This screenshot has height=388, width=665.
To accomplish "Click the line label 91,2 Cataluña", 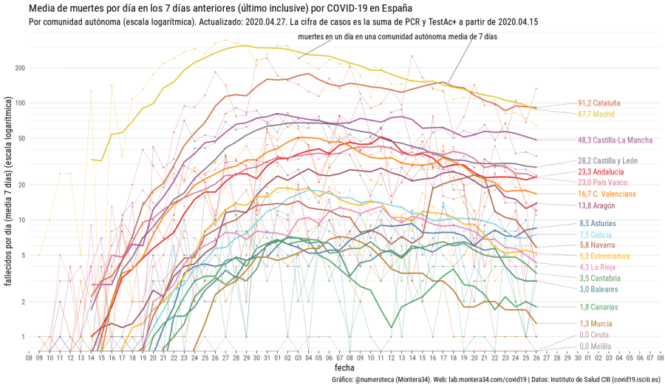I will click(599, 103).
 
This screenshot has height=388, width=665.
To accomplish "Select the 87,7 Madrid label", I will click(596, 114).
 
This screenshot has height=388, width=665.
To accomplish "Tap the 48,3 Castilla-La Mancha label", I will click(614, 140).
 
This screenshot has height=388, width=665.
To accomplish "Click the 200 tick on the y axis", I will click(20, 68).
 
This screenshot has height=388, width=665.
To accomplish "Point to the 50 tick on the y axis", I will click(21, 138).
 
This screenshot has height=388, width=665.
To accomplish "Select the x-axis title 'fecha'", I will click(344, 367).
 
